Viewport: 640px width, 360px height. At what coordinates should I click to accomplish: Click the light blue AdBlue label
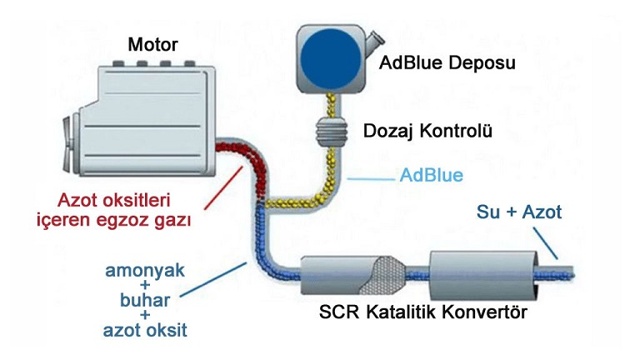[431, 176]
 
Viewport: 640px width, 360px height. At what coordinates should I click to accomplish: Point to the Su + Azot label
[519, 212]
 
